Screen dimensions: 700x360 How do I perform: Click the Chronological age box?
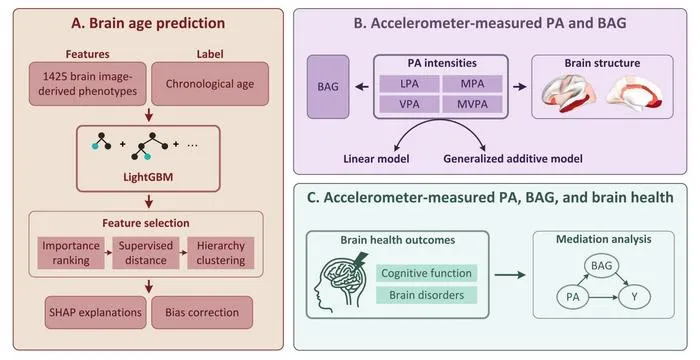[x=210, y=84]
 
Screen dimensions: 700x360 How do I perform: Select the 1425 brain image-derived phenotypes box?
[x=88, y=84]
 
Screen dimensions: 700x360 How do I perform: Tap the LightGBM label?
[x=148, y=177]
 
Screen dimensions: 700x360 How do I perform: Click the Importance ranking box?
[x=71, y=253]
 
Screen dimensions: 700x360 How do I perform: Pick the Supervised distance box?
[x=146, y=253]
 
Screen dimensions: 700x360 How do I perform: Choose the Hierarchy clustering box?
[x=221, y=253]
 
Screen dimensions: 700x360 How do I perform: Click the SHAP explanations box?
[x=96, y=312]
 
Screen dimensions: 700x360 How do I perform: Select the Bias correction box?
[x=202, y=312]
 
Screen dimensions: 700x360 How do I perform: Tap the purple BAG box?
[x=328, y=87]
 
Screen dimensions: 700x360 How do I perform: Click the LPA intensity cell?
[x=409, y=84]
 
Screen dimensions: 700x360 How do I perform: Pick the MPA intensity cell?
[x=472, y=84]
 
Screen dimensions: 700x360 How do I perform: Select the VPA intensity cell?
[x=409, y=104]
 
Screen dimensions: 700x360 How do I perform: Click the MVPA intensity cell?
[x=472, y=104]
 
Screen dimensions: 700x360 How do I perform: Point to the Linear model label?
[x=376, y=159]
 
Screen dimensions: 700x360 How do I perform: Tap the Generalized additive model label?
[x=513, y=159]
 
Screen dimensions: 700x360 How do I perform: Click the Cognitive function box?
[x=426, y=273]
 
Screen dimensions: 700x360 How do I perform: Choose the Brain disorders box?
[x=426, y=295]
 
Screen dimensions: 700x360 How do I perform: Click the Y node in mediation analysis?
[x=634, y=297]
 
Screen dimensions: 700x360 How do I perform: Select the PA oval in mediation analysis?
[x=573, y=297]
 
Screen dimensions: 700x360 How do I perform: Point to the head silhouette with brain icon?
[x=342, y=279]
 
